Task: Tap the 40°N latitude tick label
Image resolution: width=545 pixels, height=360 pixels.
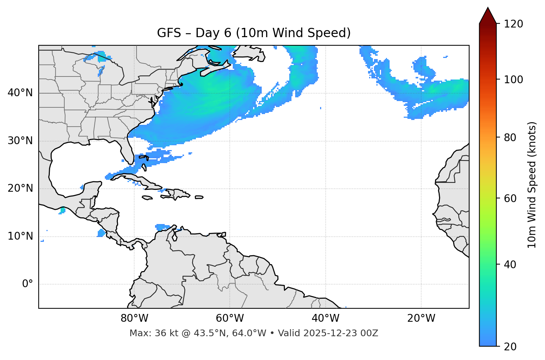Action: [x=20, y=93]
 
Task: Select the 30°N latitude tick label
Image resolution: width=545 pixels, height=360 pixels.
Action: [x=20, y=141]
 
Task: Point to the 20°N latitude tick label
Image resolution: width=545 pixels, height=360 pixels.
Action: [x=20, y=188]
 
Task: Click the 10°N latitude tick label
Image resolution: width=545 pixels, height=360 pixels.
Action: [x=20, y=236]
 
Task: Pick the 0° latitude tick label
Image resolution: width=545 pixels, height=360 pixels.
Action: [x=28, y=284]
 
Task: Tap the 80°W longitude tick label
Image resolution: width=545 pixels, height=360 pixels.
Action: [x=134, y=318]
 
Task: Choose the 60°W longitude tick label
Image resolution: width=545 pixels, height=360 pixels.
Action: [x=230, y=318]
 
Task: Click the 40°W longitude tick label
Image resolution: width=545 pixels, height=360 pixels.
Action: [x=325, y=318]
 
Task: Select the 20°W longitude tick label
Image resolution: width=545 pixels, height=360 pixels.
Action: [x=421, y=318]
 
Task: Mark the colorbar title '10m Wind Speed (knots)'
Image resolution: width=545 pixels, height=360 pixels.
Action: [x=532, y=185]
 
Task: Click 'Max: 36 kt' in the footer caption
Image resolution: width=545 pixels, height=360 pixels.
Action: [x=146, y=333]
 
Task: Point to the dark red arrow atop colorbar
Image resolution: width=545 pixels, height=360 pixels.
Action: [x=488, y=16]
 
